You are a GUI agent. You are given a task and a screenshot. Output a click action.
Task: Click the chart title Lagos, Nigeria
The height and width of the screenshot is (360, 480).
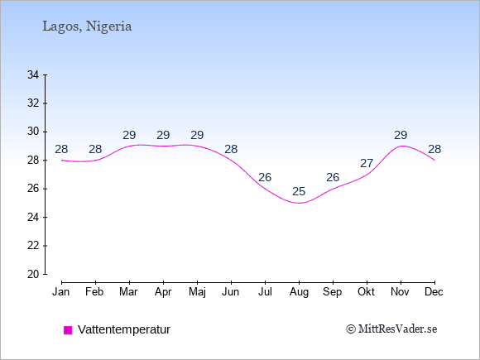(x=87, y=26)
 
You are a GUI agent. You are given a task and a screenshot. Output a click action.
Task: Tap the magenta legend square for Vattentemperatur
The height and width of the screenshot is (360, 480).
(x=68, y=330)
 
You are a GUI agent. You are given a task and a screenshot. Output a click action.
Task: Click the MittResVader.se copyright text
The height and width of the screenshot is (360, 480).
(x=391, y=329)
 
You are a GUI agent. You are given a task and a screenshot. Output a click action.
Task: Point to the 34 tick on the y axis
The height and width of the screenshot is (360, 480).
(x=33, y=74)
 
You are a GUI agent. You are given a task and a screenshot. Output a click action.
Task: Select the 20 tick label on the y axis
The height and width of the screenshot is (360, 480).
(x=33, y=274)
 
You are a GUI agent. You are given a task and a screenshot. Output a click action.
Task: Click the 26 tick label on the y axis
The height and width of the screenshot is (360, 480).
(x=33, y=189)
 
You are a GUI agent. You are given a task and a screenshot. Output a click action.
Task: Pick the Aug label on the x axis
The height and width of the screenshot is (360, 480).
(x=299, y=292)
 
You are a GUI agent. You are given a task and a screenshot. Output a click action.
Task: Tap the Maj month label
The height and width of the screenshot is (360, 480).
(x=198, y=292)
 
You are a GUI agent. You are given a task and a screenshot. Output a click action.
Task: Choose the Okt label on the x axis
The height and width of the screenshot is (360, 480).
(x=367, y=292)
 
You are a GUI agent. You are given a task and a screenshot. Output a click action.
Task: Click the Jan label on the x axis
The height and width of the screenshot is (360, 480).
(x=61, y=292)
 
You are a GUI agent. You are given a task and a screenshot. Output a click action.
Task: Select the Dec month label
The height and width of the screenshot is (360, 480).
(x=434, y=292)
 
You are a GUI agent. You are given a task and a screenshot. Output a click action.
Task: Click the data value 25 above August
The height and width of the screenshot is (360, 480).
(x=299, y=192)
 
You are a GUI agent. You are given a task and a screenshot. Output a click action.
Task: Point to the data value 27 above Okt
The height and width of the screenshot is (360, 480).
(x=367, y=164)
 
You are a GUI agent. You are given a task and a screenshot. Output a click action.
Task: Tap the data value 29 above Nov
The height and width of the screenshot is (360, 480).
(x=401, y=135)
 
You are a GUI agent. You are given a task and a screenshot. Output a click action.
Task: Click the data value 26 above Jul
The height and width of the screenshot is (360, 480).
(x=265, y=177)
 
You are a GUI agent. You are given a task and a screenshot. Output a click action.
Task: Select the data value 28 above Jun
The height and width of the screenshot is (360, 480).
(x=231, y=150)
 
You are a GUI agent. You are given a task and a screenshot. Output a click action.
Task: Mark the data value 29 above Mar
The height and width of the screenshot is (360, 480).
(x=129, y=135)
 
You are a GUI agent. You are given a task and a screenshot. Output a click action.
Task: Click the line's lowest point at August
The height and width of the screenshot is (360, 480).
(x=299, y=203)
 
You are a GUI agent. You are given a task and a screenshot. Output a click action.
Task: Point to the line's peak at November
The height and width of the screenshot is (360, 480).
(x=401, y=146)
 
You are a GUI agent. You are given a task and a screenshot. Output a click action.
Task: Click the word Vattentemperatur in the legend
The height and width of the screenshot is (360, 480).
(x=124, y=329)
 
